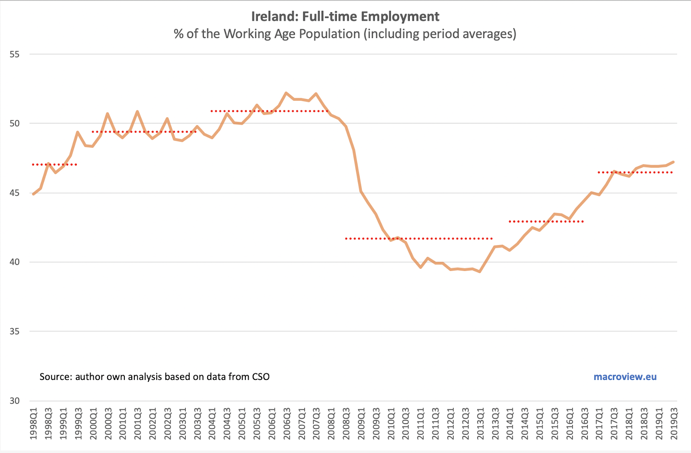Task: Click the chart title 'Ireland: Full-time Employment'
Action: click(345, 16)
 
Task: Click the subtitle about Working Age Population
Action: click(345, 34)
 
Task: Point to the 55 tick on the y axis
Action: click(14, 54)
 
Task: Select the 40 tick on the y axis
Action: click(14, 262)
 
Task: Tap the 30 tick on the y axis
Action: click(14, 401)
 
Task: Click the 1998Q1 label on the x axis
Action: click(34, 424)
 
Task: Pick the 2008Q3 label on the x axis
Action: click(346, 424)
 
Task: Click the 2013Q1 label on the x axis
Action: click(480, 424)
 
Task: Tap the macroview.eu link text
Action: click(625, 376)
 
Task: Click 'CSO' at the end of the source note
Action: click(261, 376)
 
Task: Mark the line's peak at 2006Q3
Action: click(286, 93)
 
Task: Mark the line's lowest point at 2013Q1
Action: click(480, 271)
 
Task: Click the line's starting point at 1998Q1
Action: click(34, 194)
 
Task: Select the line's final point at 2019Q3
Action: click(674, 162)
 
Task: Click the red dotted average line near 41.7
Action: click(419, 239)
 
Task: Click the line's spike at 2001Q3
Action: click(137, 112)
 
